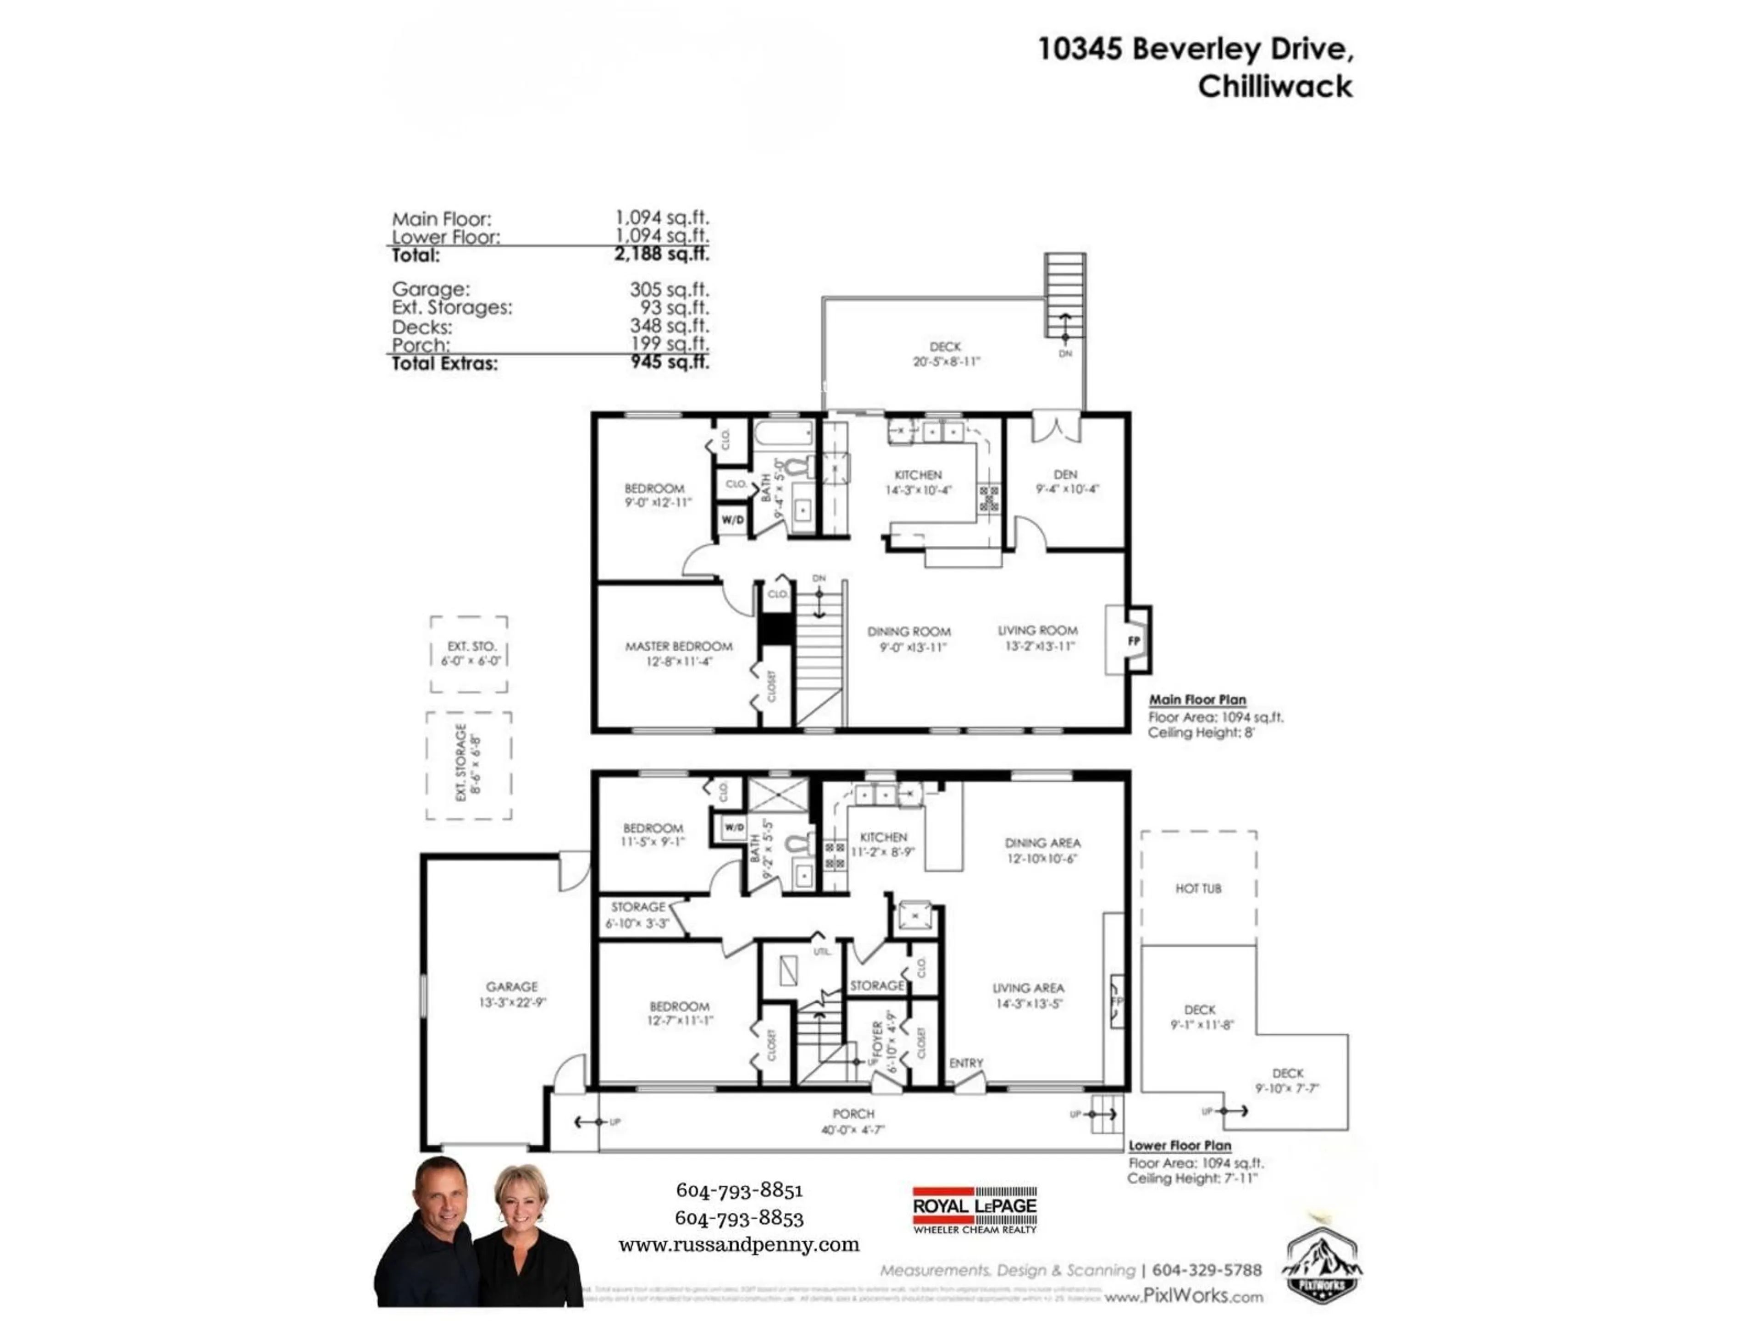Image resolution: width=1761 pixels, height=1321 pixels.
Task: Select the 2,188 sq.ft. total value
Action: point(661,254)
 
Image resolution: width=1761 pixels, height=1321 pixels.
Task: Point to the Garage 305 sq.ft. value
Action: point(669,289)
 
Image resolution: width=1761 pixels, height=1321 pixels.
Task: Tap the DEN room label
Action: point(1065,475)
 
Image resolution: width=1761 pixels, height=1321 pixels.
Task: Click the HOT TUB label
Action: point(1198,888)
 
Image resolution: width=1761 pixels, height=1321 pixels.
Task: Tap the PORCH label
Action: point(853,1113)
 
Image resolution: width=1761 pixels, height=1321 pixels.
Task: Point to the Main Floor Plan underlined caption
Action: point(1196,700)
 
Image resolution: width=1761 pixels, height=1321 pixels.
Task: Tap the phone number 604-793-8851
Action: point(739,1190)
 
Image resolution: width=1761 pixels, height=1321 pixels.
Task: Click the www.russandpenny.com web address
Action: point(739,1244)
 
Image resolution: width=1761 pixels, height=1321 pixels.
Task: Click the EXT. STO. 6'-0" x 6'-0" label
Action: point(471,653)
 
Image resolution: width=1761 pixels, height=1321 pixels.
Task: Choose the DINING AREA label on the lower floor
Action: point(1042,843)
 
